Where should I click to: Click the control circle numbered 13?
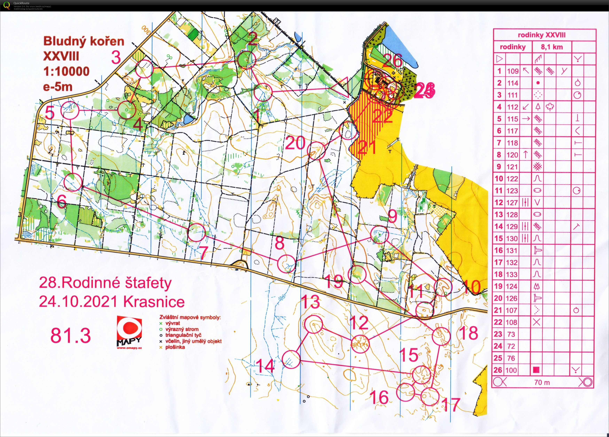(x=313, y=325)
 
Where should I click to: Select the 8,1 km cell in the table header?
(x=552, y=47)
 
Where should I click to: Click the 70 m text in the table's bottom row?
(x=542, y=382)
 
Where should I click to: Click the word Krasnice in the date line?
(x=154, y=302)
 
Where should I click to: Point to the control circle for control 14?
(x=291, y=359)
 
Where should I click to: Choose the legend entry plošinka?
(x=175, y=347)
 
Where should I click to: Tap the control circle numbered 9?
(x=379, y=235)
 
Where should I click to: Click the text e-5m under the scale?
(x=58, y=87)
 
